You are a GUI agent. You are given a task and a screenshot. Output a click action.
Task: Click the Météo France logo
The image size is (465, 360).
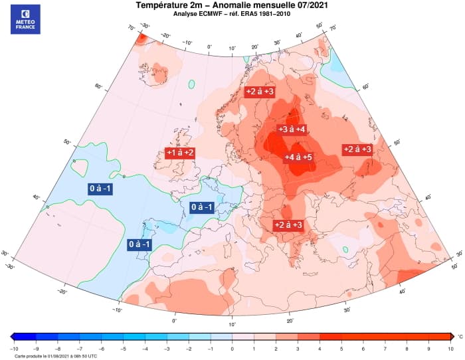[x=25, y=19]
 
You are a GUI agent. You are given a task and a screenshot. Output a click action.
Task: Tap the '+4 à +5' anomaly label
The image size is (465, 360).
[x=298, y=157]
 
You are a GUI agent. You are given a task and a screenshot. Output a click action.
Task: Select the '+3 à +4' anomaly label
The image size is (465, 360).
[x=292, y=129]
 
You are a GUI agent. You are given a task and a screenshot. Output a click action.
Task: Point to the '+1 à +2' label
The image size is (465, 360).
[x=180, y=153]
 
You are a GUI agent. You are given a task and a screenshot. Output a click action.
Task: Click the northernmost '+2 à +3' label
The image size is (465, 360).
[x=260, y=92]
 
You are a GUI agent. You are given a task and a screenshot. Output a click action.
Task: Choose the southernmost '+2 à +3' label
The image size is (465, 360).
[x=288, y=225]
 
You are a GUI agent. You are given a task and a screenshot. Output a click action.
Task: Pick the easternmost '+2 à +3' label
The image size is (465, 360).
[x=357, y=149]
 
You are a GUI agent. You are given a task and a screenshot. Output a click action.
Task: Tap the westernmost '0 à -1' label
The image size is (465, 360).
[x=101, y=189]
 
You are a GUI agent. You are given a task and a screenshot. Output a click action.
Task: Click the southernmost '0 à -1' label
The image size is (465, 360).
[x=139, y=245]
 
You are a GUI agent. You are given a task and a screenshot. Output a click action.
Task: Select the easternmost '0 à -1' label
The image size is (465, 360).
[x=202, y=207]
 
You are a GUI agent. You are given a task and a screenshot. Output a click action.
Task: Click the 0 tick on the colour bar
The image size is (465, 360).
[x=232, y=348]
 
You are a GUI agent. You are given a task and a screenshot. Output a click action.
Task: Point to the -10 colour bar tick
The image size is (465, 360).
[x=14, y=348]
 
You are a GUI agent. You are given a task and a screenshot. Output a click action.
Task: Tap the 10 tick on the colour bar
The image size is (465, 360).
[x=450, y=348]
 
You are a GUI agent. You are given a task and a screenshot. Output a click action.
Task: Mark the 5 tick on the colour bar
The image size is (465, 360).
[x=341, y=348]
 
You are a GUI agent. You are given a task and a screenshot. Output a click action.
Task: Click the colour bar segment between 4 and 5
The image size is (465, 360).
[x=331, y=337]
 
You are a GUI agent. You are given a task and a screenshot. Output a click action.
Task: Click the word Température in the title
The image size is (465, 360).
[x=163, y=5]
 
